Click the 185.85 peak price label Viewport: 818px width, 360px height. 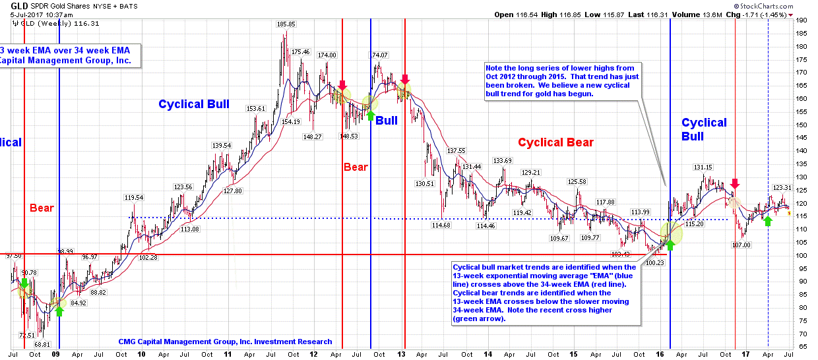286,24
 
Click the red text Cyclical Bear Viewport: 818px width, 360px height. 555,142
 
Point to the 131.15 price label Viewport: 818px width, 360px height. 703,167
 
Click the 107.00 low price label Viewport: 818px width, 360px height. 741,245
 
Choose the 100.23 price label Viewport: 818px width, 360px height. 656,262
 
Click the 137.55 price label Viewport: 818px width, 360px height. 456,151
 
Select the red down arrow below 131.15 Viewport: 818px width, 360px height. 735,184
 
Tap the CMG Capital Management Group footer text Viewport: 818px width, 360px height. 225,342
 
